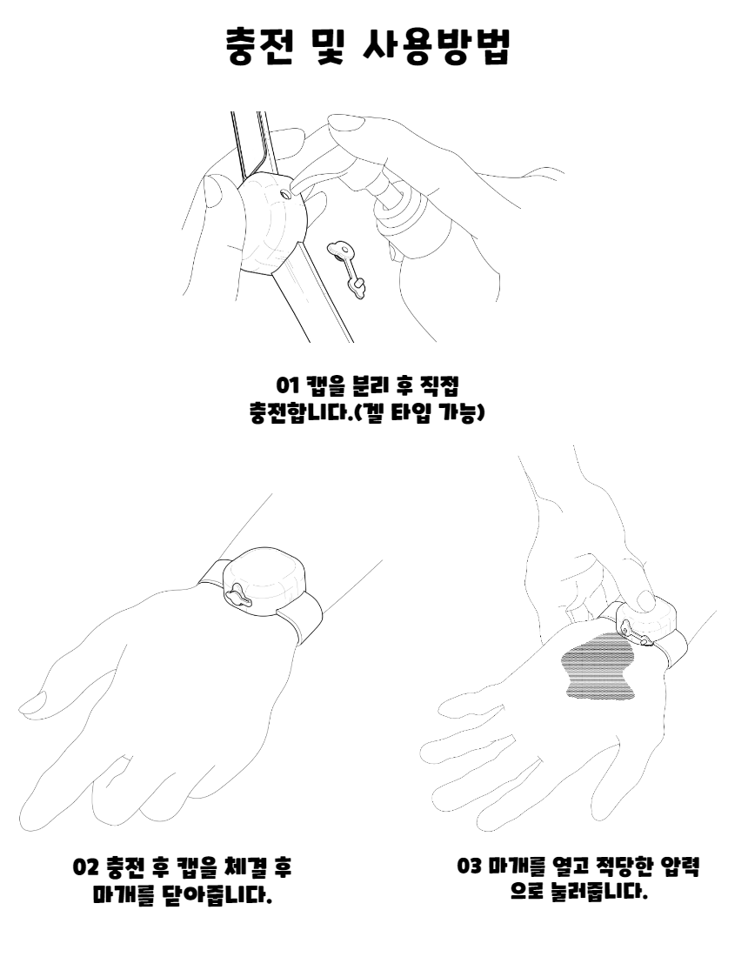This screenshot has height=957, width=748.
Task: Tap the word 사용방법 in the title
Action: tap(437, 46)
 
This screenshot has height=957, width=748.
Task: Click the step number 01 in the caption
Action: tap(287, 385)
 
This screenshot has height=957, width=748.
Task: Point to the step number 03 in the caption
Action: tap(469, 866)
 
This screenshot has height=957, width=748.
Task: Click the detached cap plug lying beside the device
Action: tap(346, 267)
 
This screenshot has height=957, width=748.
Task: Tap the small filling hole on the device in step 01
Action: tap(286, 195)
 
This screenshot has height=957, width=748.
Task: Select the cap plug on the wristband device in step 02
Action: tap(241, 596)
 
